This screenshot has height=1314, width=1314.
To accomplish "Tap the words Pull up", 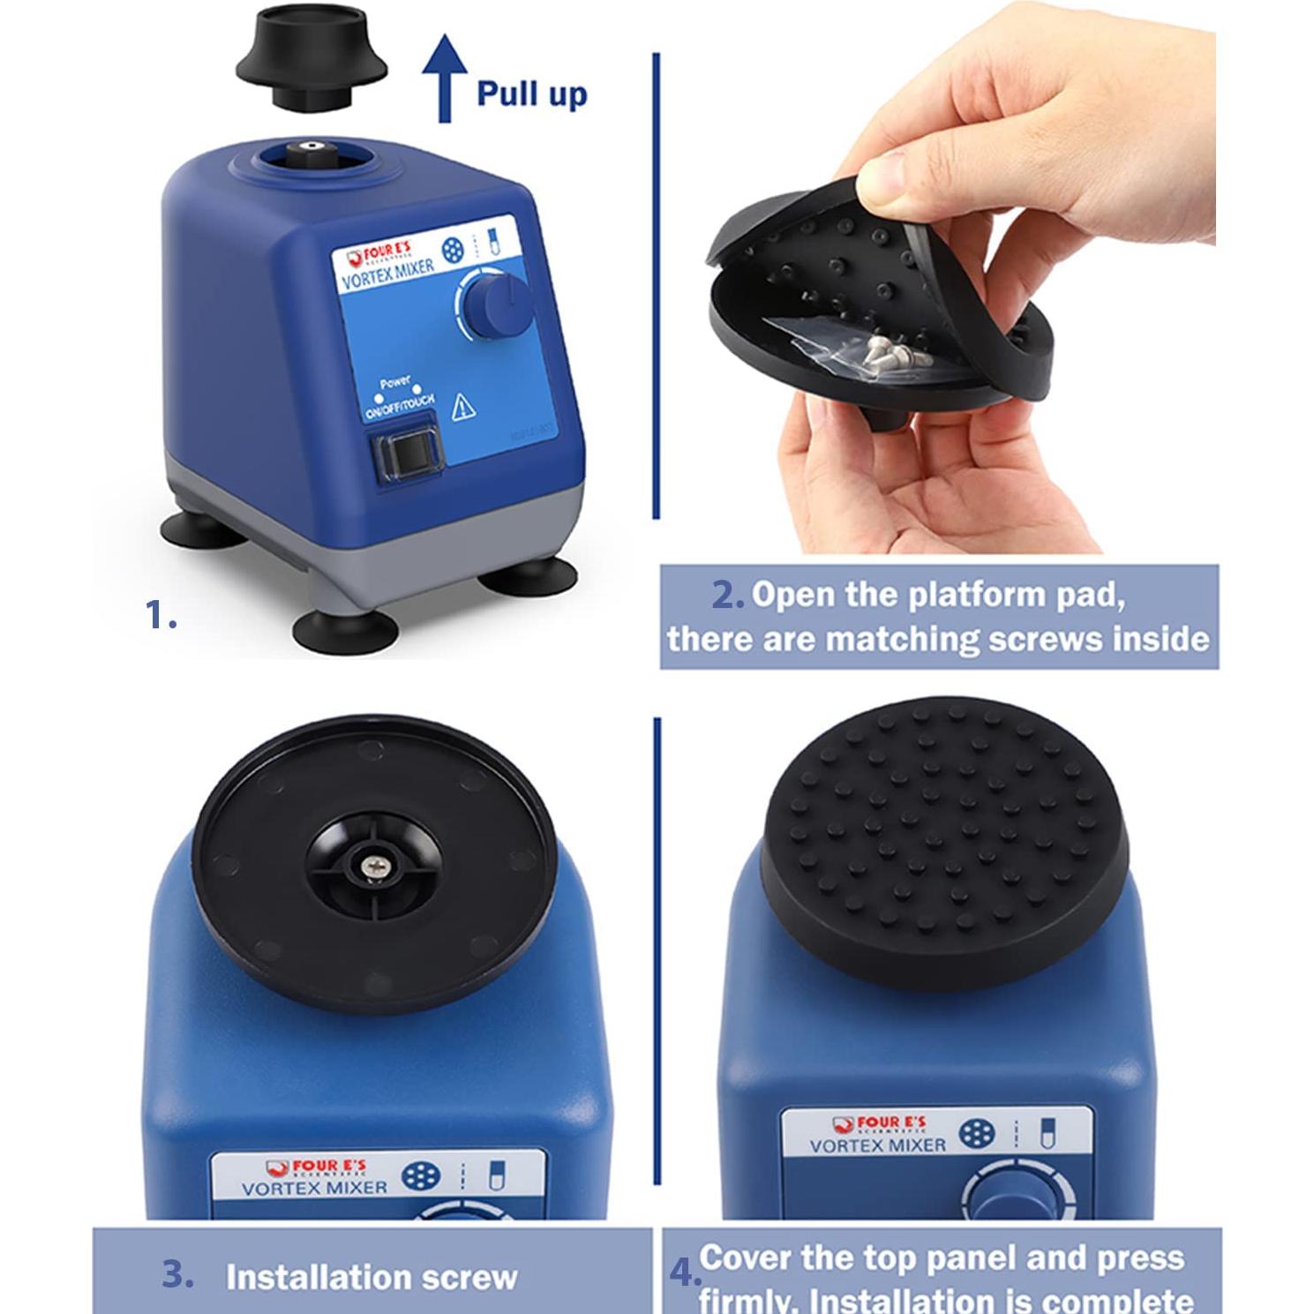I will pos(531,93).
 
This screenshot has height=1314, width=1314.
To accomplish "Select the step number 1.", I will pos(160,615).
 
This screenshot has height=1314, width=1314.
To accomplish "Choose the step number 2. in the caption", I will pos(728,596).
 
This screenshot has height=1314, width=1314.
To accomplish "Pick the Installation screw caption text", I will pos(371,1277).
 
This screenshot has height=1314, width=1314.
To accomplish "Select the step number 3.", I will pos(177,1274).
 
